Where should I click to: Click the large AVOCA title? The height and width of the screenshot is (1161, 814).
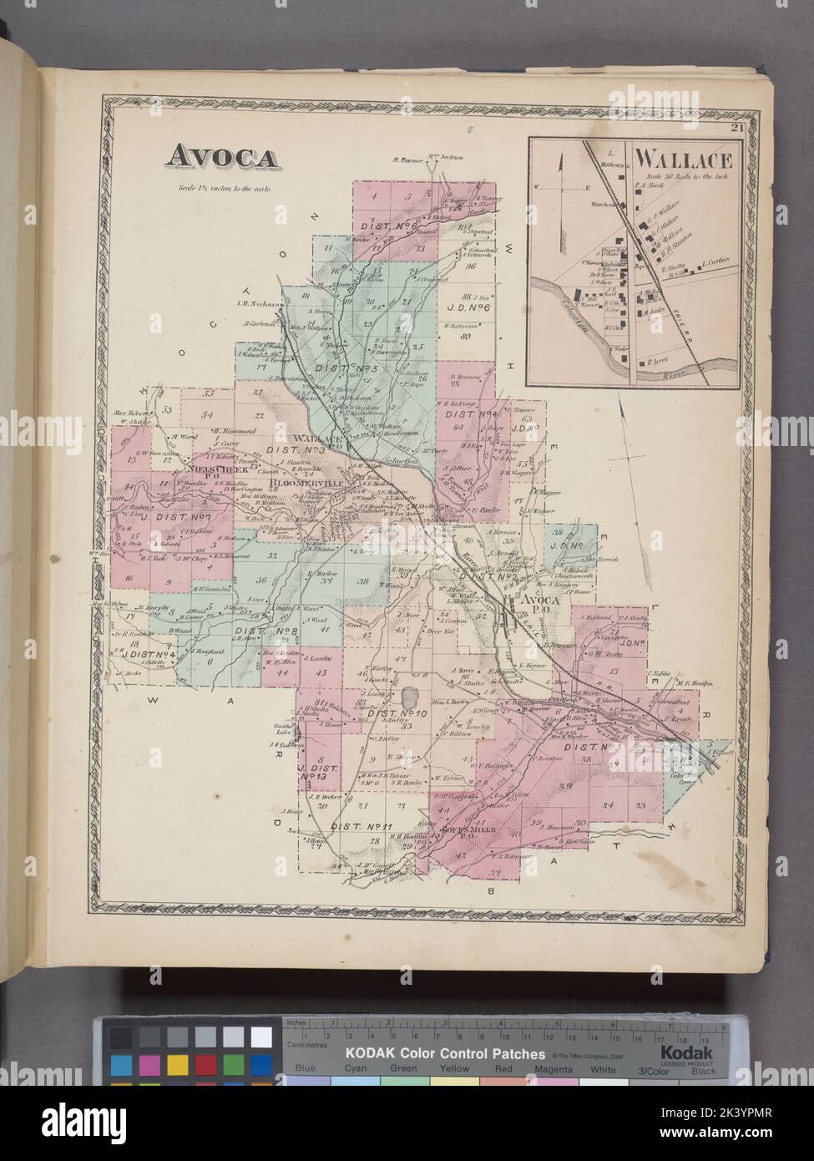coord(222,158)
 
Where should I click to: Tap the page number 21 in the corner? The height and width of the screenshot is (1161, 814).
coord(736,128)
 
